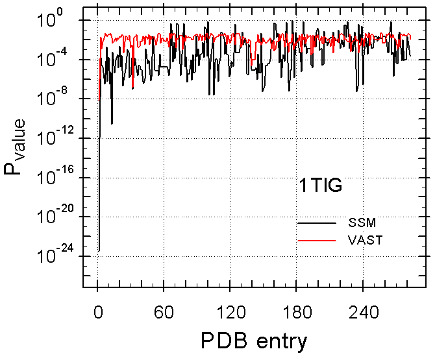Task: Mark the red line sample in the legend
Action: pos(317,240)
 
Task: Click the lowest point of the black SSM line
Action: pos(99,250)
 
